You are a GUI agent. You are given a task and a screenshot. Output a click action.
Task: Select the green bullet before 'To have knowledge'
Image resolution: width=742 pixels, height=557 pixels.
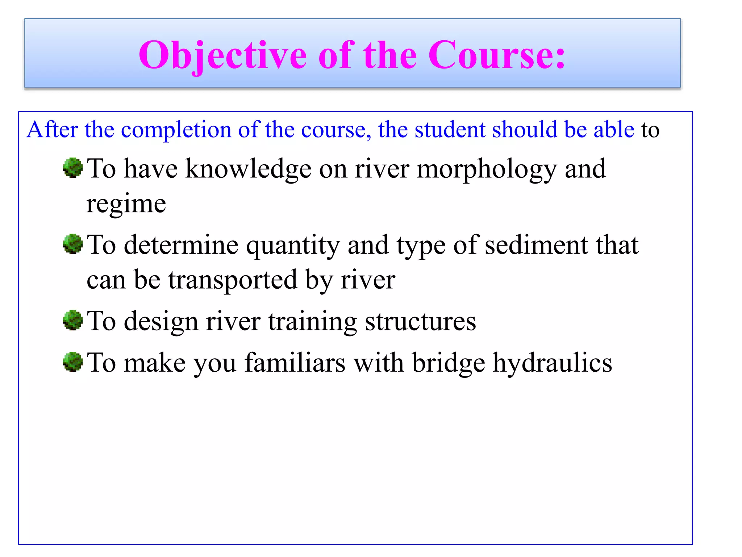[73, 168]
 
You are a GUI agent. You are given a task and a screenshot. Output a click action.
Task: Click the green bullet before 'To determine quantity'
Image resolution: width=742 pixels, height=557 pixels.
[73, 244]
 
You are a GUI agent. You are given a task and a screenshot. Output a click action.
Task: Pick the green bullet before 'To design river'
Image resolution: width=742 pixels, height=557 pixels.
[73, 320]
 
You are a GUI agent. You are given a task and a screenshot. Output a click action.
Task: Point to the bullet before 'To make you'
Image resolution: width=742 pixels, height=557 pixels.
[73, 362]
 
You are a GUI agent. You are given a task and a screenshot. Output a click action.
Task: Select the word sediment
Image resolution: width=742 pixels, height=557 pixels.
[536, 245]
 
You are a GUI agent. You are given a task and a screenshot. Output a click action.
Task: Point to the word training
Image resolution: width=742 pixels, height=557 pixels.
[312, 322]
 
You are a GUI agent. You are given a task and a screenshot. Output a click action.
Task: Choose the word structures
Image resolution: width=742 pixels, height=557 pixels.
[420, 321]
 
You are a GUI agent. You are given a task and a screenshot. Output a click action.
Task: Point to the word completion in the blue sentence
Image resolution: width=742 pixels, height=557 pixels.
[176, 130]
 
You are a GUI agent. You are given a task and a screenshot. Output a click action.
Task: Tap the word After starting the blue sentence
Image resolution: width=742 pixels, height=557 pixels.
[52, 129]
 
